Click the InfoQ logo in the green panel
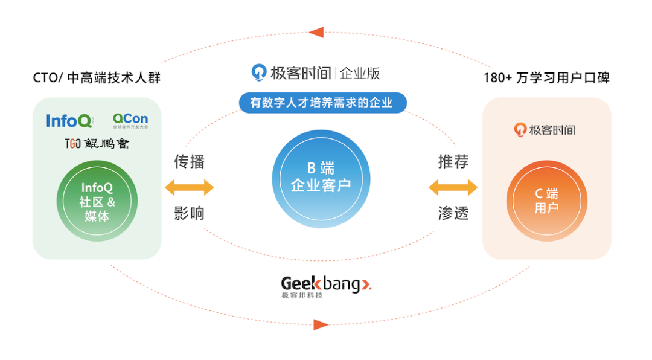point(70,120)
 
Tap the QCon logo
point(130,120)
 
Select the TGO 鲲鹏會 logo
point(97,143)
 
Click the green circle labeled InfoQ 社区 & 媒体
point(97,201)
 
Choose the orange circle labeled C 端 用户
point(546,201)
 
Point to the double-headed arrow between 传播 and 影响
point(189,187)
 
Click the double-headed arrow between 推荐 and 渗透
point(453,187)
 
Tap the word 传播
point(189,162)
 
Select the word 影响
point(189,213)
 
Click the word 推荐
point(453,162)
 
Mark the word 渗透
point(453,213)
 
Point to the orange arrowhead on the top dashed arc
point(316,32)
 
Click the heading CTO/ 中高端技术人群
point(97,78)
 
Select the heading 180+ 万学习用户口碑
point(546,78)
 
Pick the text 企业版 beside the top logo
point(360,73)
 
